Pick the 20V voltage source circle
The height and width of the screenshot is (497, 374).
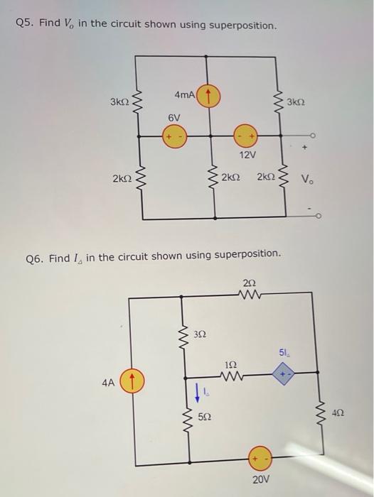(260, 459)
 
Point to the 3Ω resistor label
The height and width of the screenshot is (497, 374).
(202, 332)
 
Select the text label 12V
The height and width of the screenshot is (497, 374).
(247, 154)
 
